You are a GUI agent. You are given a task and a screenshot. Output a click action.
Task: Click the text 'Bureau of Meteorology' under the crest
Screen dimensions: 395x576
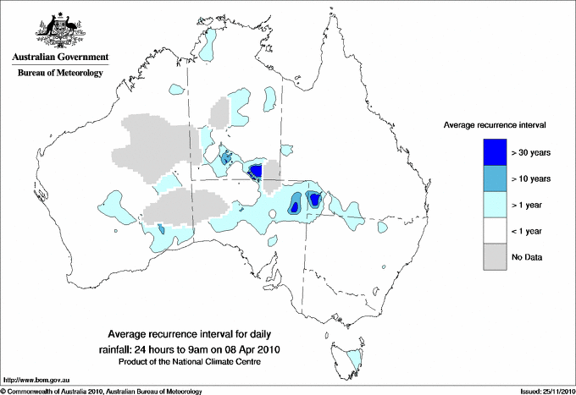59,74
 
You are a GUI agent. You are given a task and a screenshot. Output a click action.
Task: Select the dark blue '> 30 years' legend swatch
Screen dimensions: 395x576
490,152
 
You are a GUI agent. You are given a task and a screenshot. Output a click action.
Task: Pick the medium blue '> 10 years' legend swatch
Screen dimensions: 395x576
490,178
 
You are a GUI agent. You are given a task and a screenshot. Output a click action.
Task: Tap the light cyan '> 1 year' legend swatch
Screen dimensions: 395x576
490,205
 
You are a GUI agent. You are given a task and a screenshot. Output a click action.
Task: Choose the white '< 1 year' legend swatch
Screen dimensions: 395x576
490,231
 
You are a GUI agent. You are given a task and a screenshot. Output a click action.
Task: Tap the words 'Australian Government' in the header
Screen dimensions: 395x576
59,58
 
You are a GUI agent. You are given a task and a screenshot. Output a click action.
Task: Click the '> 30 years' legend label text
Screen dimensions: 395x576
531,152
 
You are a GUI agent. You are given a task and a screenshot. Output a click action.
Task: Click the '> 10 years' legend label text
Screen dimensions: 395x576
531,178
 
